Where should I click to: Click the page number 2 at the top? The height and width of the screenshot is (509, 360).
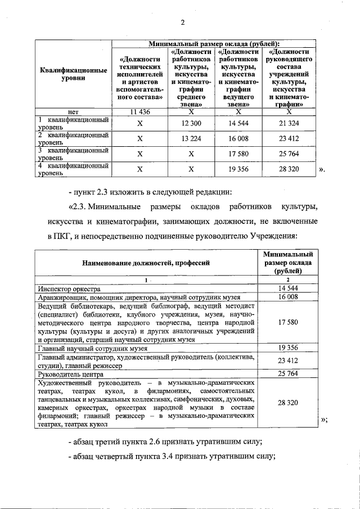pos(182,22)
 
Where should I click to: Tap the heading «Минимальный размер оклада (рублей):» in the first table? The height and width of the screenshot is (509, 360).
pos(213,43)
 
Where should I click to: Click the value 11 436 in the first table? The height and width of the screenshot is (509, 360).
pos(140,111)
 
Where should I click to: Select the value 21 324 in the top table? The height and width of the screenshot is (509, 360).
pos(288,123)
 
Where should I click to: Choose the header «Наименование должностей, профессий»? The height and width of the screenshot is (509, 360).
pos(146,262)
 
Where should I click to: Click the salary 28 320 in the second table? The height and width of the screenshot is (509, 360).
pos(287,403)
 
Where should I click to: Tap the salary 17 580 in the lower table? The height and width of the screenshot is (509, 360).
pos(287,322)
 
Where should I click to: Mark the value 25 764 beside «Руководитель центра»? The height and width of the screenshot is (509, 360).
pos(287,373)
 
